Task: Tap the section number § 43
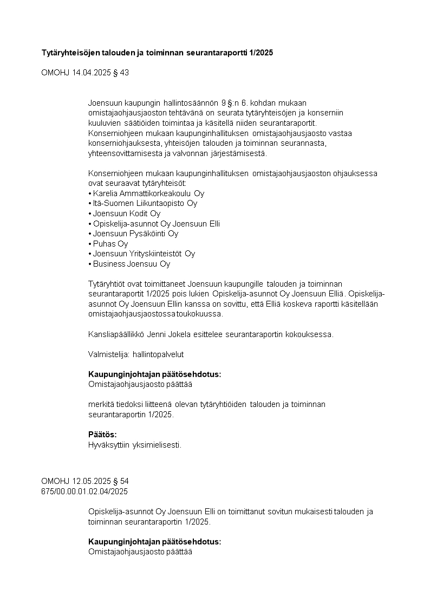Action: point(121,73)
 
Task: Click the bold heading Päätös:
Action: point(102,435)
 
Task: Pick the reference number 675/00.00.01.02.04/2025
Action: point(84,491)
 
